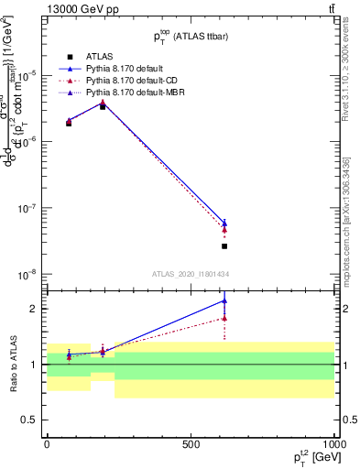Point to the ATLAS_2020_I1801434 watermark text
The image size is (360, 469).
[191, 275]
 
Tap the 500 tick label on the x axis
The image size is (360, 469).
[191, 443]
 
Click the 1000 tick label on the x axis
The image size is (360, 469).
[333, 443]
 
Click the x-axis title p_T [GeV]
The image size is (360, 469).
[311, 458]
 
